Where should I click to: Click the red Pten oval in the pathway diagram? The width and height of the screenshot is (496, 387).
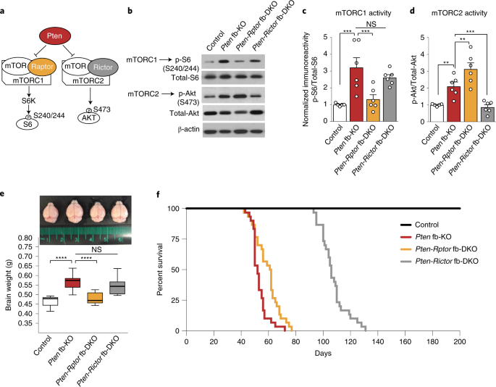[x=54, y=36]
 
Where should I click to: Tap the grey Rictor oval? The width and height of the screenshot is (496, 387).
[x=103, y=67]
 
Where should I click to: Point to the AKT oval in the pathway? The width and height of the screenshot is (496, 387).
[x=89, y=118]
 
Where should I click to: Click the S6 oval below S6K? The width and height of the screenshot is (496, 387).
[x=28, y=124]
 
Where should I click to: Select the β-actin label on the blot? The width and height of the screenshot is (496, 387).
[x=188, y=129]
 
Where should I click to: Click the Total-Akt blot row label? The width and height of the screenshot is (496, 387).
[x=185, y=113]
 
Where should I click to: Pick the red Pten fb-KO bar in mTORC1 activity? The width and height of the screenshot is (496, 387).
[x=356, y=94]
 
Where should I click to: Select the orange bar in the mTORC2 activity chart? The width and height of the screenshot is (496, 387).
[x=471, y=96]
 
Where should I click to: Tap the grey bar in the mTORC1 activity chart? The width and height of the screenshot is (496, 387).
[x=390, y=99]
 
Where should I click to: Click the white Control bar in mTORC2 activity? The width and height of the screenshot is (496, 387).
[x=437, y=113]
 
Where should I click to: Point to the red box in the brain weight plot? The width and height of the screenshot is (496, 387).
[x=72, y=283]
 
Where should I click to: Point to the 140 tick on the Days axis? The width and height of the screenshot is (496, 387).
[x=378, y=342]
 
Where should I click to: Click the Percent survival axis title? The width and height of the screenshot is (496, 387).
[x=160, y=270]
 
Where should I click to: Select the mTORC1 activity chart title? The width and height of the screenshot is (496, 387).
[x=363, y=13]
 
